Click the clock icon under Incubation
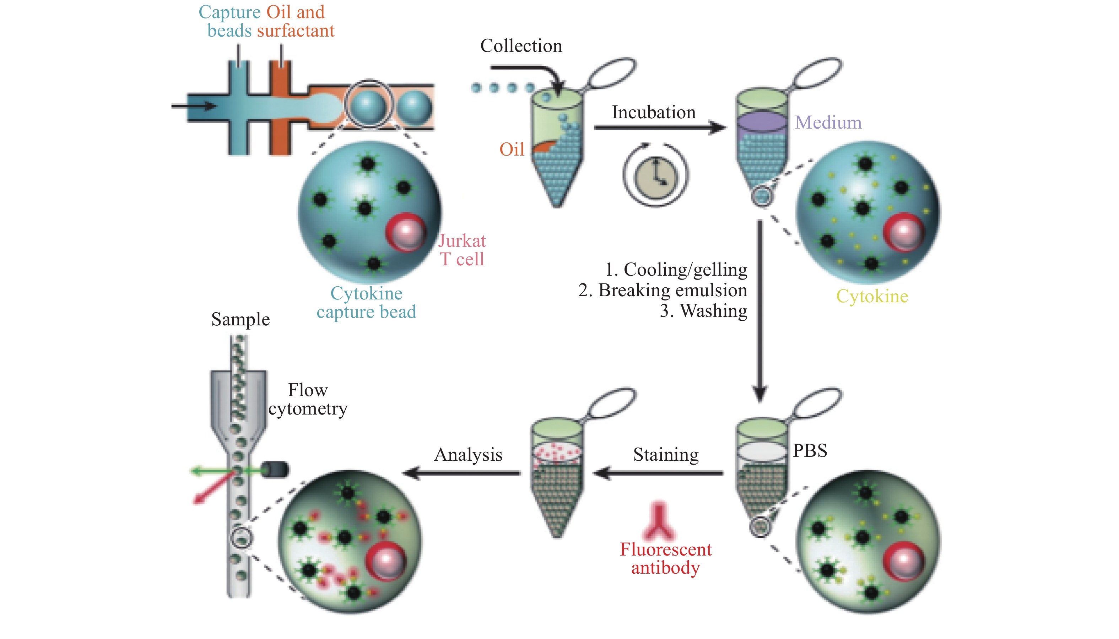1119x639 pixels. (656, 175)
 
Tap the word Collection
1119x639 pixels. (521, 45)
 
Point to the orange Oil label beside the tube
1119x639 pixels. (512, 149)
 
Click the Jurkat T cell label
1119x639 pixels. (462, 250)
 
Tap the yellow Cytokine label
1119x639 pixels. (872, 296)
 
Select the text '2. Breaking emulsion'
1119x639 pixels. (663, 290)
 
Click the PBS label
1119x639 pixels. (810, 450)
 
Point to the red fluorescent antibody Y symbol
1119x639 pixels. (658, 521)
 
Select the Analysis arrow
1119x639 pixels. (461, 473)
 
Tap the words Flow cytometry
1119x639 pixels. (308, 399)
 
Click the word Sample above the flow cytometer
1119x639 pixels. (240, 320)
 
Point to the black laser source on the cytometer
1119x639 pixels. (275, 470)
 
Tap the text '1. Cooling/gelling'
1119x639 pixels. (676, 270)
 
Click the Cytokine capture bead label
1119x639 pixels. (366, 302)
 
